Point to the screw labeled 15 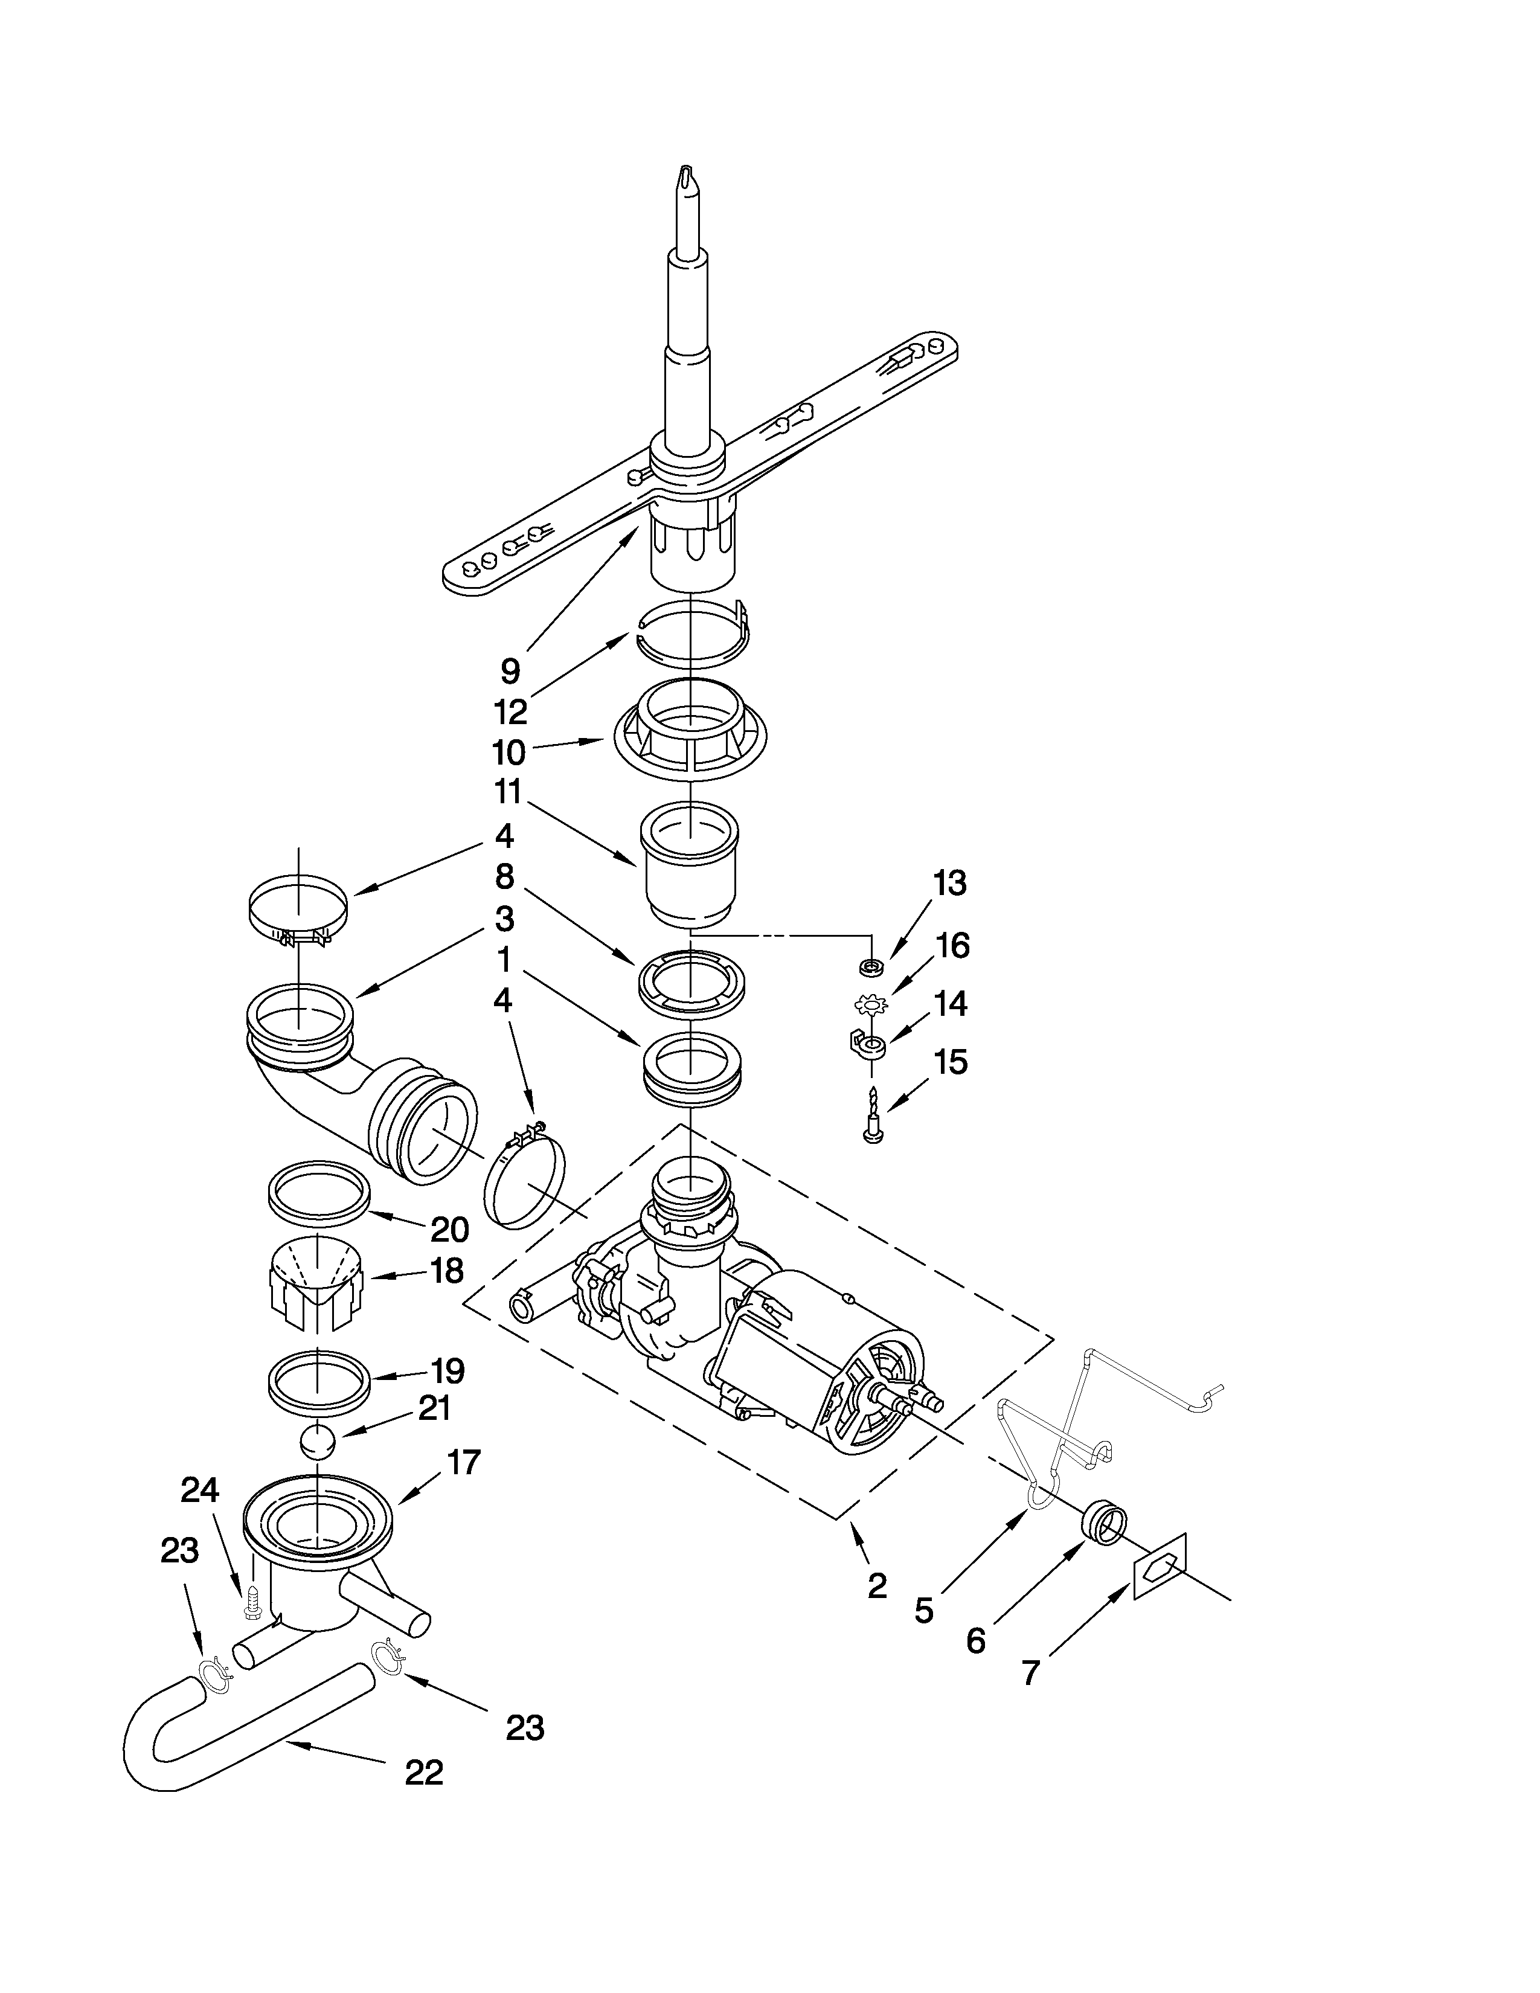pos(872,1115)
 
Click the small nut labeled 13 pos(872,964)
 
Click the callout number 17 pos(463,1462)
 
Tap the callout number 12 pos(510,712)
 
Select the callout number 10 pos(509,753)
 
